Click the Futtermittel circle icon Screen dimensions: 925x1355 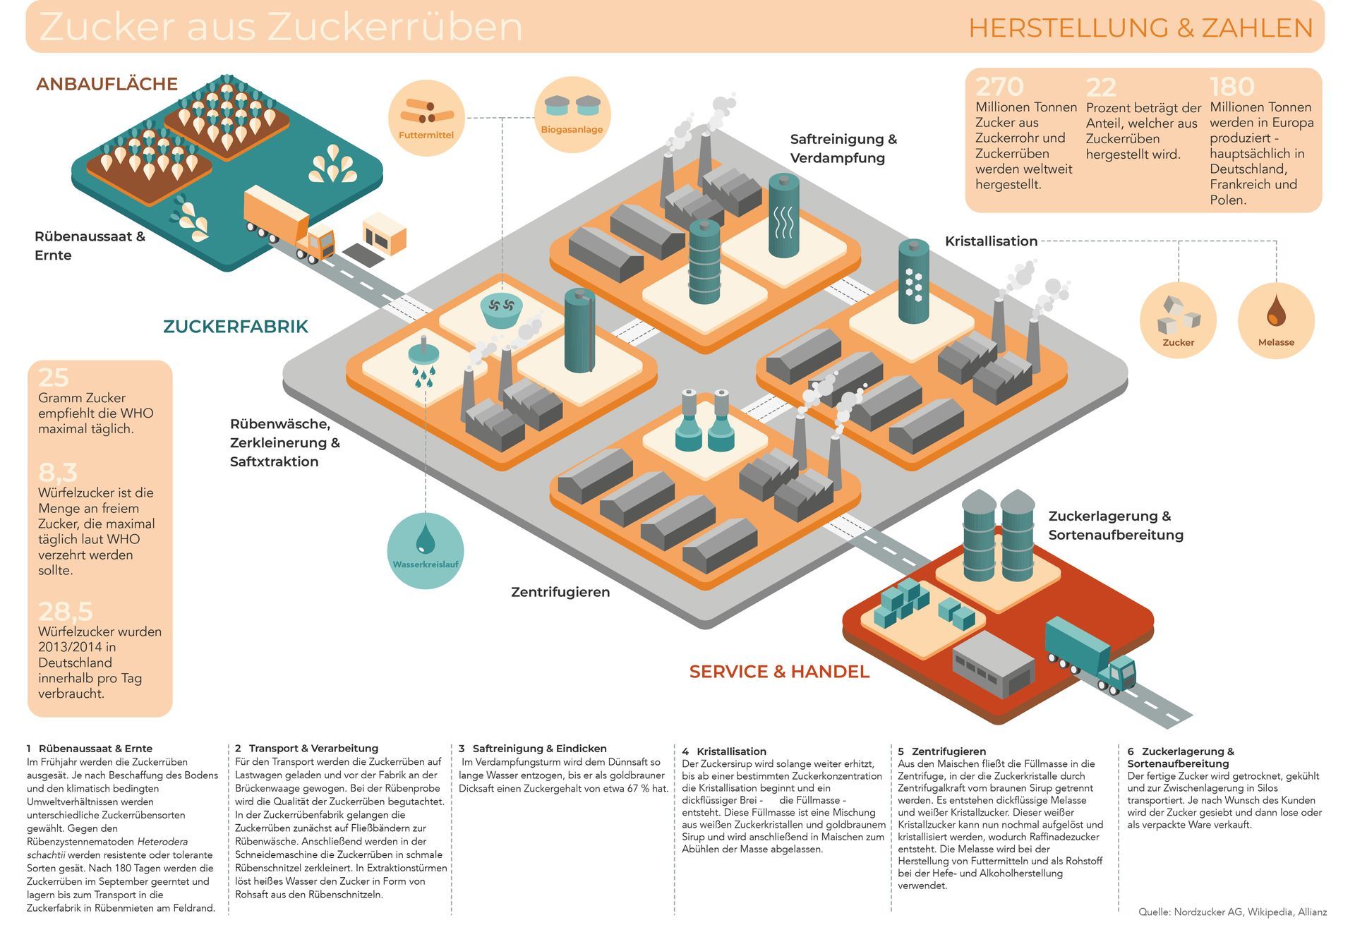[426, 117]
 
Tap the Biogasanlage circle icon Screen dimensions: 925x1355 [572, 114]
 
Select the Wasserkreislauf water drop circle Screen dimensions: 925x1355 [426, 550]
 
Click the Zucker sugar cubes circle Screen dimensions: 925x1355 [1178, 320]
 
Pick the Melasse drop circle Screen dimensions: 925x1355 [1276, 320]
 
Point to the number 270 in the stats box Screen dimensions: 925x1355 [999, 87]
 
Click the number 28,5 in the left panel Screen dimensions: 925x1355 [66, 611]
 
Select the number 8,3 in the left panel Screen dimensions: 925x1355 [58, 472]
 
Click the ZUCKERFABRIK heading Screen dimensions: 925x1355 [236, 327]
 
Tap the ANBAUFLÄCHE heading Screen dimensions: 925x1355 [107, 84]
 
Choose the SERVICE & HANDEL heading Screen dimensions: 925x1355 [779, 672]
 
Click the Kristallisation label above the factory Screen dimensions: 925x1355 [991, 241]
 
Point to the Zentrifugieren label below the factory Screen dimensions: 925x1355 [560, 592]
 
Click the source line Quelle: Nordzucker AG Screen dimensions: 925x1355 [1232, 912]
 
